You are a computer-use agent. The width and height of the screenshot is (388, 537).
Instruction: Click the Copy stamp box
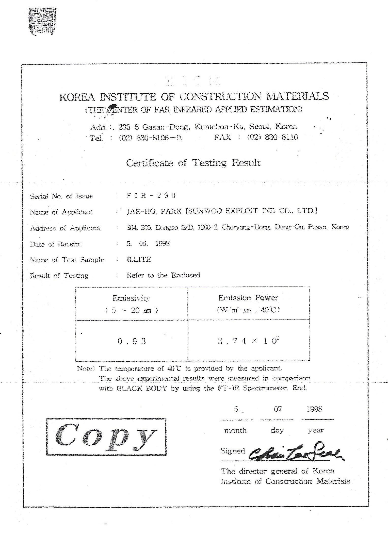click(106, 437)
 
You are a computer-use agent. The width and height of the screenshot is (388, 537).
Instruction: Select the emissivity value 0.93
click(132, 341)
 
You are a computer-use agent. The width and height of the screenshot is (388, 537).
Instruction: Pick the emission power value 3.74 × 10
click(247, 341)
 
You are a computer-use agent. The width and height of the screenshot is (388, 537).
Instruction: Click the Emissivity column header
click(131, 298)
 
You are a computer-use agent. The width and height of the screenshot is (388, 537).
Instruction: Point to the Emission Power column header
click(248, 298)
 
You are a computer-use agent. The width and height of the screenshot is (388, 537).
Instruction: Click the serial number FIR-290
click(151, 195)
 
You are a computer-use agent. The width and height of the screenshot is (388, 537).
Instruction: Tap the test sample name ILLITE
click(139, 259)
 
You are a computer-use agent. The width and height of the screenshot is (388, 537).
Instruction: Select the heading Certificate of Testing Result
click(193, 163)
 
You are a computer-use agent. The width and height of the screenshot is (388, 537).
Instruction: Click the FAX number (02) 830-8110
click(272, 137)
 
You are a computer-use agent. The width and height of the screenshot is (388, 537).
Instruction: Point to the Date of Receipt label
click(56, 244)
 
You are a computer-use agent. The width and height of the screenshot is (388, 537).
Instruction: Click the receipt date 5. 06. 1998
click(148, 243)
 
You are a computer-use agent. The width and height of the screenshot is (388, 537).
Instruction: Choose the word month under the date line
click(235, 430)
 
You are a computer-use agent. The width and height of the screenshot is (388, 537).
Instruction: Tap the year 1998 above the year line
click(314, 409)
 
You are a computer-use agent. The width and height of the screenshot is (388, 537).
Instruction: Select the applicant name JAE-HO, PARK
click(154, 211)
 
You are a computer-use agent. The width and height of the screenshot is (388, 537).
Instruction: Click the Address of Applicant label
click(65, 228)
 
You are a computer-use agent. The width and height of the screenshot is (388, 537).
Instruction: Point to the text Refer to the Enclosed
click(163, 275)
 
